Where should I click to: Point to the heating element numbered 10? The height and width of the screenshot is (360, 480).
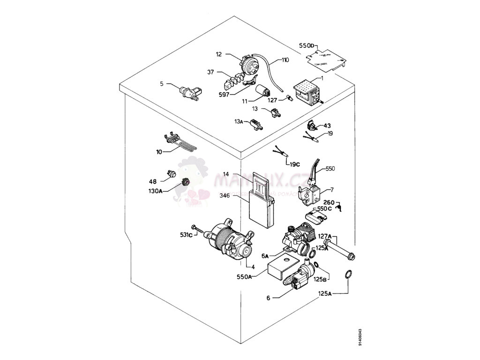click(180, 143)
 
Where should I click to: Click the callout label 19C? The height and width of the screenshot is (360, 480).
click(294, 164)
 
